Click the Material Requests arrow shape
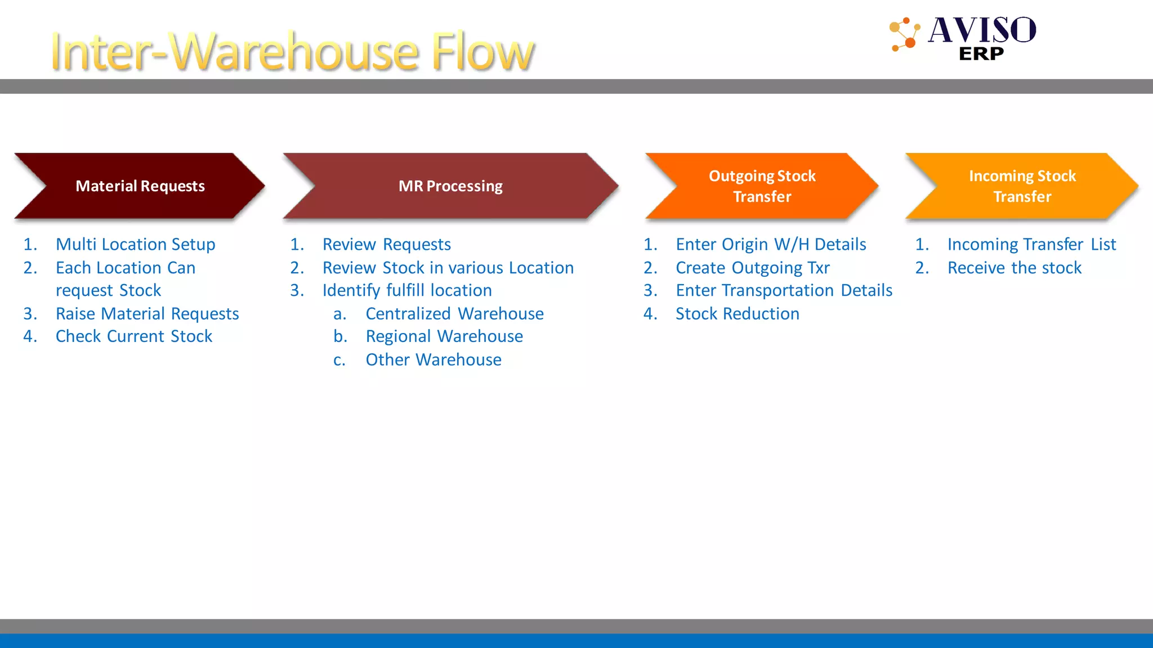tap(140, 186)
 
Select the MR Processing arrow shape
tap(450, 186)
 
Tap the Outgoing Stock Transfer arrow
tap(762, 186)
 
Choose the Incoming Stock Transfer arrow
tap(1022, 186)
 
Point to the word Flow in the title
tap(482, 52)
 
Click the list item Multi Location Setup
tap(135, 244)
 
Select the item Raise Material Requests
tap(147, 313)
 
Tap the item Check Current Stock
tap(134, 336)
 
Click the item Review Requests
tap(386, 244)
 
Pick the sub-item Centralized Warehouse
tap(454, 313)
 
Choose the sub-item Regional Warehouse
tap(444, 336)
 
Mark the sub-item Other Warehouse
tap(434, 359)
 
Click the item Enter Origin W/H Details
tap(771, 244)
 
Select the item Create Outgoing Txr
tap(753, 268)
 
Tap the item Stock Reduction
tap(738, 313)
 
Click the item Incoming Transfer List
tap(1031, 244)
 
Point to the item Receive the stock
tap(1015, 268)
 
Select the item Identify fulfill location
tap(407, 290)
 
